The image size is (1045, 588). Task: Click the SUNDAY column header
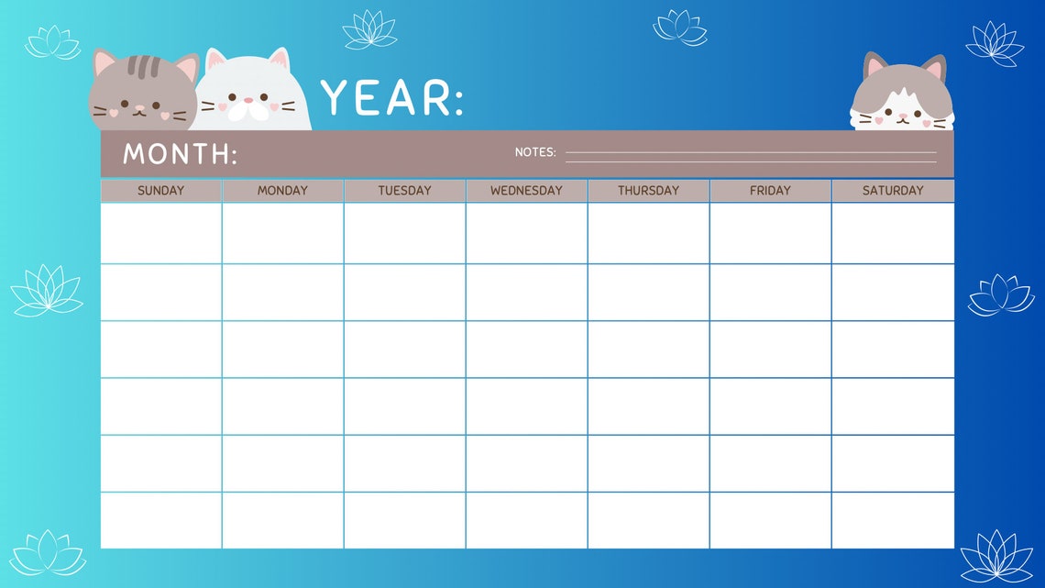160,191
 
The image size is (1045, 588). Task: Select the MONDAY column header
282,191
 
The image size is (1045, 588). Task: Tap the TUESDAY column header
404,191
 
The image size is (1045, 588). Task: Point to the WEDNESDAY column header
526,191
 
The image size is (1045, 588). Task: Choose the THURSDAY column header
648,191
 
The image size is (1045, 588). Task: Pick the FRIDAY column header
770,191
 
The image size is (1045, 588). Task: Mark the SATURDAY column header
893,191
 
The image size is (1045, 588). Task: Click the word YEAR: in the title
391,98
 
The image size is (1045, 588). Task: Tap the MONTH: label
180,154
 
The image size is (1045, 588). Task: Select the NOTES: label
535,152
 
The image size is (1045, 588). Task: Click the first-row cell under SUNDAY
160,233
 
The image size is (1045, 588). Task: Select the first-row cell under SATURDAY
893,233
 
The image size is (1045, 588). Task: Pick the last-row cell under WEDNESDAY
526,520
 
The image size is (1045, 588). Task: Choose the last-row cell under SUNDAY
160,520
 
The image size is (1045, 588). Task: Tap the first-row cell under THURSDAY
648,233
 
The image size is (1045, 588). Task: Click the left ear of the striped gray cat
104,64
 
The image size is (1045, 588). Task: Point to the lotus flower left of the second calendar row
46,291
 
